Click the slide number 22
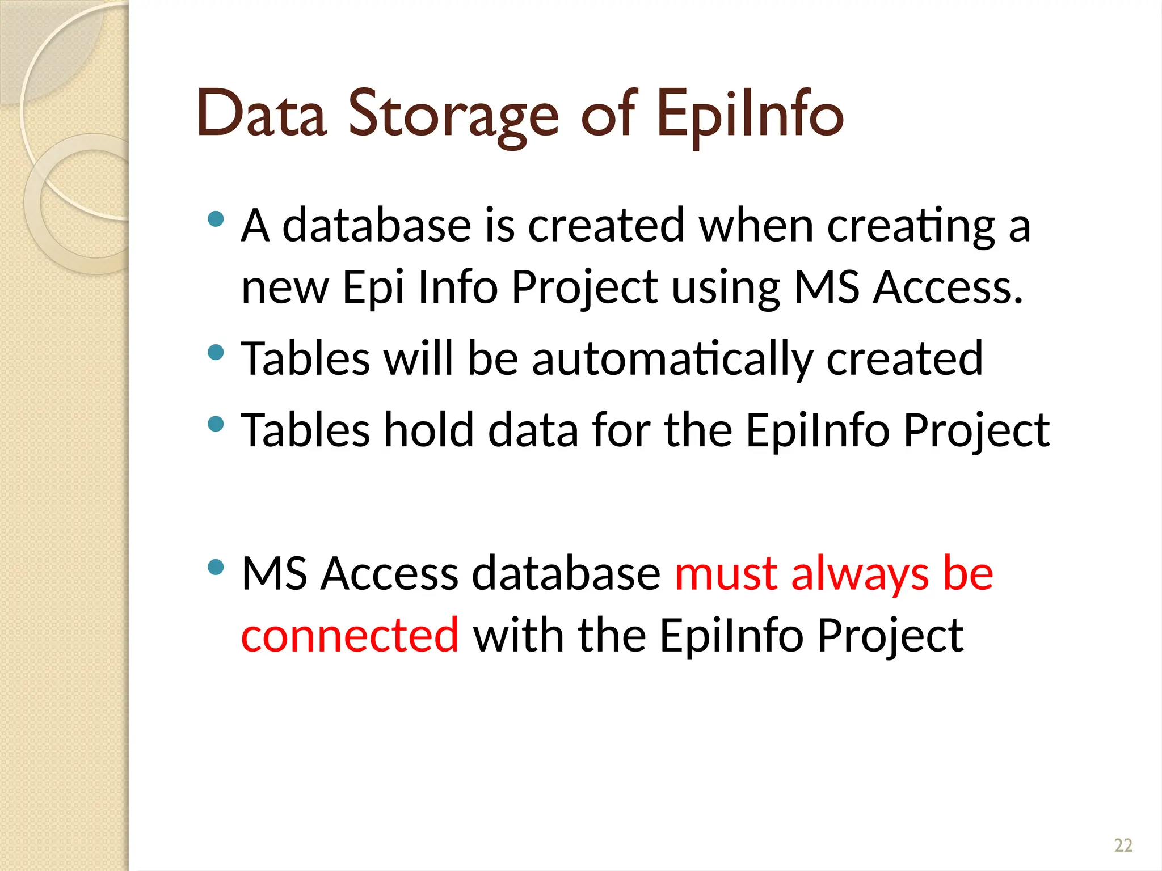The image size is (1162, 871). [x=1123, y=845]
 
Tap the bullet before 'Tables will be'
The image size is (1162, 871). [x=216, y=353]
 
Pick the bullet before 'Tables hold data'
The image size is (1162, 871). [x=216, y=424]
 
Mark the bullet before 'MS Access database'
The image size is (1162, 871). [x=216, y=567]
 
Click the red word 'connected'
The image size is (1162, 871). [x=350, y=635]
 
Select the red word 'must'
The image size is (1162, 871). [x=726, y=574]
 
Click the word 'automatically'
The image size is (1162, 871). [x=672, y=360]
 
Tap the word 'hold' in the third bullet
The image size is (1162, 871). [x=428, y=430]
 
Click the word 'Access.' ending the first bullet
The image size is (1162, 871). [x=948, y=287]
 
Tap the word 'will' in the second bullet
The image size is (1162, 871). [x=419, y=358]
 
